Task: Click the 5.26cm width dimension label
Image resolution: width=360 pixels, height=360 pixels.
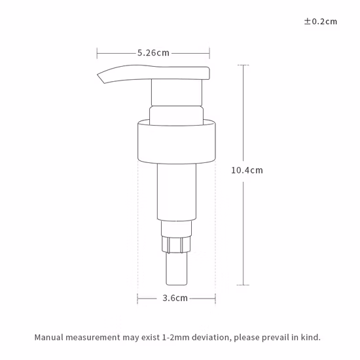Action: coord(154,53)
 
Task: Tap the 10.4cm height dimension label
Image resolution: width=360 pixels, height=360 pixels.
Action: coord(247,170)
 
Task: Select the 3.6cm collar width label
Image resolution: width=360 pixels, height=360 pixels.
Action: coord(175,298)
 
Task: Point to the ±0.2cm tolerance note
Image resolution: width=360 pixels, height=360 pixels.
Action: coord(321,21)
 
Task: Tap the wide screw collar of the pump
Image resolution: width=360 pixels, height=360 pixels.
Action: coord(177,141)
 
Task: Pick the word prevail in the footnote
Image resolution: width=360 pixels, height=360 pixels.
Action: coord(274,338)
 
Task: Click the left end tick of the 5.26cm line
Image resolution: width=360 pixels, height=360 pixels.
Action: coord(98,53)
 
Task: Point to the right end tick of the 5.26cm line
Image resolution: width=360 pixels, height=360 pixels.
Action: coord(209,53)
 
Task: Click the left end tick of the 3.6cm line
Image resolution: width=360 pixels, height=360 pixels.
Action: coord(138,298)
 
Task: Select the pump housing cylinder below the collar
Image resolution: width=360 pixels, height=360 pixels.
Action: coord(177,193)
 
